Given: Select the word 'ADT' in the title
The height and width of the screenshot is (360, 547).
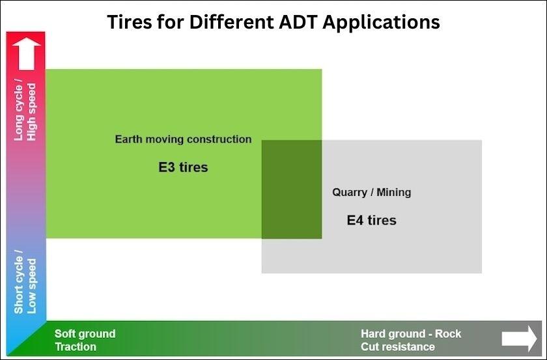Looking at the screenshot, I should point(294,21).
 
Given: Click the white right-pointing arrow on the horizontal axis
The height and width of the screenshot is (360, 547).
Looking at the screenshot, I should point(519,339).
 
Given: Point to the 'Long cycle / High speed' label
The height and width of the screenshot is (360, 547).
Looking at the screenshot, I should point(25,111).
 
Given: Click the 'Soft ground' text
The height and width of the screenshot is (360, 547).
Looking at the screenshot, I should point(85,333).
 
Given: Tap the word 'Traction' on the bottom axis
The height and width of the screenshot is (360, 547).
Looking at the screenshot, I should point(76,347).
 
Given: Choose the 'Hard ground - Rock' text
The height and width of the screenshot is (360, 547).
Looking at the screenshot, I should point(411,333).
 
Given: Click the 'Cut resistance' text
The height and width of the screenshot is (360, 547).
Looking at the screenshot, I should point(398,347).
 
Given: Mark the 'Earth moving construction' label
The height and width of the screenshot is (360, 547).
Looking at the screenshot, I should point(183,139).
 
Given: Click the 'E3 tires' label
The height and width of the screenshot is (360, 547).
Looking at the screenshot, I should point(183,167).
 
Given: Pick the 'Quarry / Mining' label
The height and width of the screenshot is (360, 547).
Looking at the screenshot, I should point(372,192).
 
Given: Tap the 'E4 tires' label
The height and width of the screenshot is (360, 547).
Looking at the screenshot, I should point(371,220).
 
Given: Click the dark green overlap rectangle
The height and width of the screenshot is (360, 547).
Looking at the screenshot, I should point(292,189).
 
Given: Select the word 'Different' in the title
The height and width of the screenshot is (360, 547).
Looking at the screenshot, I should point(221,21).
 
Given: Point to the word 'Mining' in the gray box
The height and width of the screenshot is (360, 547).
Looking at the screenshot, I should point(393,192).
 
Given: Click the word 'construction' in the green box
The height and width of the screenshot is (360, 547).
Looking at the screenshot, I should point(219,139).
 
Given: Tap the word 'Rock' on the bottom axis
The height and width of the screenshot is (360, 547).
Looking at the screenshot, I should point(448,333).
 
